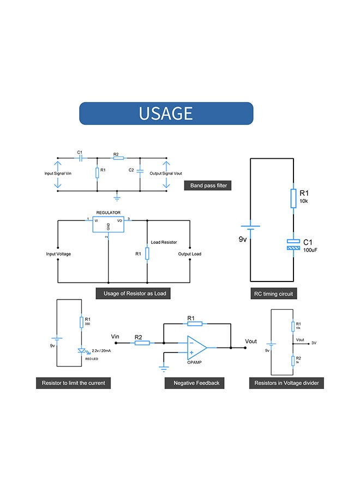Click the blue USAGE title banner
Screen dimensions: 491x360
[166, 113]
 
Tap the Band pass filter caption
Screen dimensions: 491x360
[208, 185]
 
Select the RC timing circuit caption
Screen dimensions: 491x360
[273, 294]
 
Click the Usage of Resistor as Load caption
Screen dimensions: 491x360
[134, 294]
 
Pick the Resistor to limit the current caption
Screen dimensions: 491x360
[73, 383]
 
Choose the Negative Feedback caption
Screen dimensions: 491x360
[196, 383]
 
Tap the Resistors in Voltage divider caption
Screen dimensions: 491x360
[286, 383]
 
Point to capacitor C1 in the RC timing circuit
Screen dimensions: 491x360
[293, 244]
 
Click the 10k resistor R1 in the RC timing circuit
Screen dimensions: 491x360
[293, 199]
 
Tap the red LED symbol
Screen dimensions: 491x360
[81, 351]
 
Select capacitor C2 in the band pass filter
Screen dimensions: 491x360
[140, 171]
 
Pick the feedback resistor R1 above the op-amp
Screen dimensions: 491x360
[194, 324]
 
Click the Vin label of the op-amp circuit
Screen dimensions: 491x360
[115, 336]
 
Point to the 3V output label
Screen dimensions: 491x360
[314, 343]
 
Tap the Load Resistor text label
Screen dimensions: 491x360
[164, 241]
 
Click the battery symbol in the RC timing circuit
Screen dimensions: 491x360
[250, 226]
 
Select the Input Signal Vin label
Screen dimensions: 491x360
[58, 173]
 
